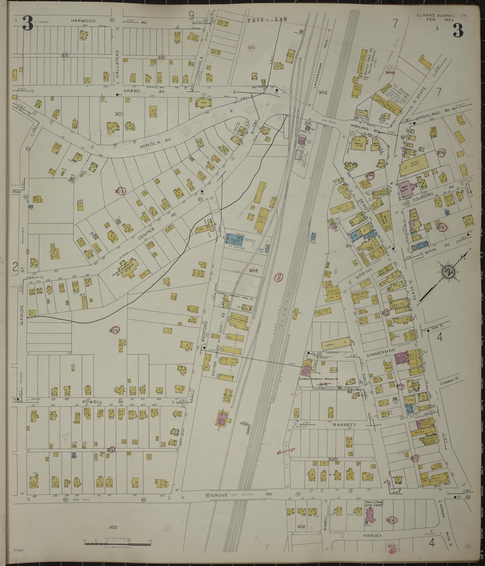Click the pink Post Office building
(x=405, y=187)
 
